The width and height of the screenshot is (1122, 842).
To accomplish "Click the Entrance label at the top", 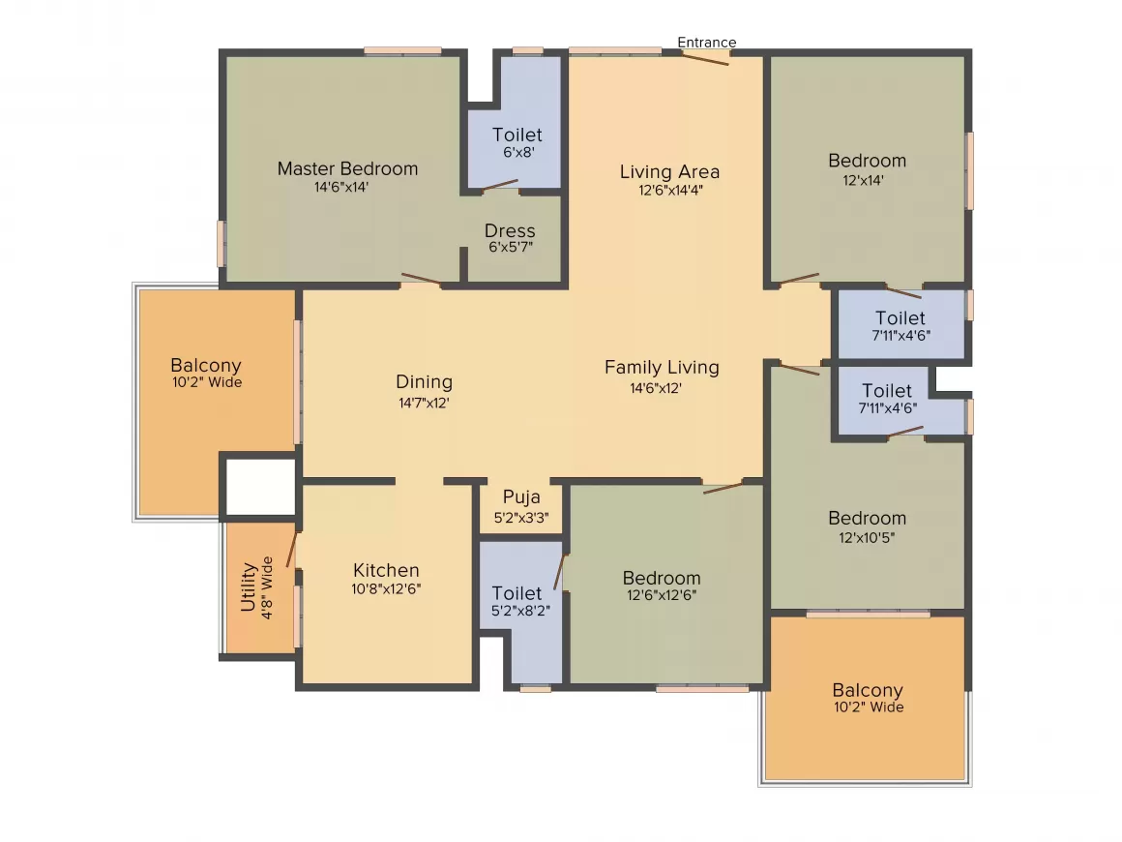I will (x=706, y=43).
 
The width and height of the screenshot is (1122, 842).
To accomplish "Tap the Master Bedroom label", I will (x=347, y=168).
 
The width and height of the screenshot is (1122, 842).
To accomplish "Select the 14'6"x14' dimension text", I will (x=341, y=188).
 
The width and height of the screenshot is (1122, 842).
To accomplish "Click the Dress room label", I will (x=510, y=231).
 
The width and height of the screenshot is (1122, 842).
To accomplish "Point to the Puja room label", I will (x=521, y=497).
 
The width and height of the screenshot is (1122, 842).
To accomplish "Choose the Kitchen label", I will (x=386, y=570).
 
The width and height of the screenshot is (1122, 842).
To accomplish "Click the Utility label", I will (x=249, y=587).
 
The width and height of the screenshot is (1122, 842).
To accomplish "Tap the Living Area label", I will (x=669, y=172).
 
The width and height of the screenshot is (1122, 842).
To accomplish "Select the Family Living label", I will (x=662, y=368).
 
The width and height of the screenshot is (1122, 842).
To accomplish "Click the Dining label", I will (x=424, y=382).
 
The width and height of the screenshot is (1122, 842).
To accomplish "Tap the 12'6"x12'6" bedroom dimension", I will (x=662, y=596).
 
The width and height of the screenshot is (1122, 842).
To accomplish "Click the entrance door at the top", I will (x=704, y=57).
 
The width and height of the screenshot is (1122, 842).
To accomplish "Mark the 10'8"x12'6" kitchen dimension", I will (x=387, y=588).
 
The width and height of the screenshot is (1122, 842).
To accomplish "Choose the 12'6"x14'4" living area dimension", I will (x=669, y=191).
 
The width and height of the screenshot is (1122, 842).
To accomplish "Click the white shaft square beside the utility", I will (x=260, y=487).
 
